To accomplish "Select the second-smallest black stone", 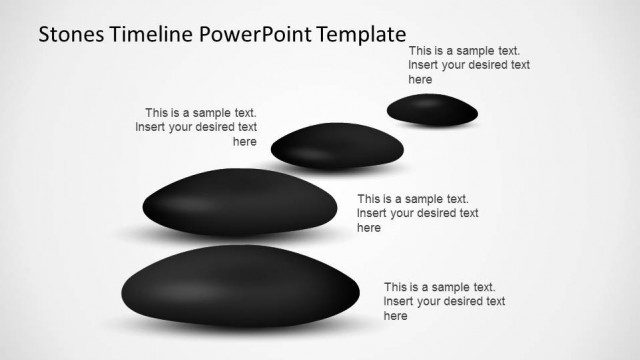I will point(337,147).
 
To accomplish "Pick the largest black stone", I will point(238,287).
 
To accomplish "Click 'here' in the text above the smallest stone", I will point(420,79).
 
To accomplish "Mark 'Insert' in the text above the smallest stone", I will point(424,65).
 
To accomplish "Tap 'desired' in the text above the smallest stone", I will point(486,65).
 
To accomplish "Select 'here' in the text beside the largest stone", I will point(396,316).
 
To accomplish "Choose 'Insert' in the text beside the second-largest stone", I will point(372,213).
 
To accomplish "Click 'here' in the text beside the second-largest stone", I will point(369,228).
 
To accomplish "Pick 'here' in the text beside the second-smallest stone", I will point(245,141).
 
